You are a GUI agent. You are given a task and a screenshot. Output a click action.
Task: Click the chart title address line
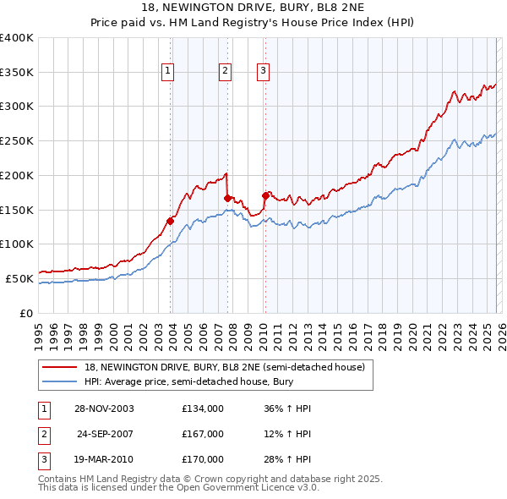click(x=253, y=8)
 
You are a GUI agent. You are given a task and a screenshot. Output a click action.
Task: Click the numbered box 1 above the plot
click(x=169, y=71)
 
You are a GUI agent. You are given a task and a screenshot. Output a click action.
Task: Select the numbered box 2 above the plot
click(x=226, y=71)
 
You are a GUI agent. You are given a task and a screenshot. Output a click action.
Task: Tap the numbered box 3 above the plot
click(x=263, y=71)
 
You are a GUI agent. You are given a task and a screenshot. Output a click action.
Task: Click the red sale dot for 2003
click(x=171, y=221)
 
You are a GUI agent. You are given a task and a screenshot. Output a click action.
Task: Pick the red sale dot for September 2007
click(x=227, y=198)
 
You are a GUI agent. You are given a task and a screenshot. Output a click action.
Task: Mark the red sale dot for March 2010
click(x=264, y=196)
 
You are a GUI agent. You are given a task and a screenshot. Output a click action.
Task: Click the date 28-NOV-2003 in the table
click(x=104, y=409)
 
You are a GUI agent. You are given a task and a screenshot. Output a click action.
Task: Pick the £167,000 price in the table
click(x=202, y=434)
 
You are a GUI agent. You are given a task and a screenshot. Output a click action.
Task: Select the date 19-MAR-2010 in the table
click(x=104, y=459)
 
